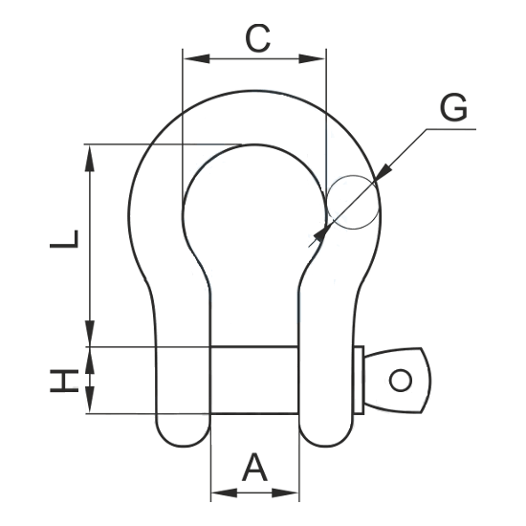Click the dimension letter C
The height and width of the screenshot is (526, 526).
point(257,38)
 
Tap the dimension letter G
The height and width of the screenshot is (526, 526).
point(453,107)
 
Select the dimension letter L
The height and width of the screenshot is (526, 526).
point(64,239)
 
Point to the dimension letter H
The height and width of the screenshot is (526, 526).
point(64,381)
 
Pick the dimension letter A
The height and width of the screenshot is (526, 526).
point(255,467)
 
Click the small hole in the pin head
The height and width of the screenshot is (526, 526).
point(400,381)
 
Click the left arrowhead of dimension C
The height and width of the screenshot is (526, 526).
point(197,58)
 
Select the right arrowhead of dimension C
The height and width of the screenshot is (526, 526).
point(312,58)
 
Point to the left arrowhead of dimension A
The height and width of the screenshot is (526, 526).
point(225,493)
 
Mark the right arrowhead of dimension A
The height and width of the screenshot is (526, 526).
point(285,493)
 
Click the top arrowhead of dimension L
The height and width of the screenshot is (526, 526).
point(90,159)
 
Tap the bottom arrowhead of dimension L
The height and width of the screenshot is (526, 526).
point(90,333)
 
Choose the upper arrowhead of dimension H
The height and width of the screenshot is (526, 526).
point(90,361)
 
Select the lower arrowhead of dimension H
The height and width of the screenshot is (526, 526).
point(90,399)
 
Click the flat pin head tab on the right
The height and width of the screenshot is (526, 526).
point(398,380)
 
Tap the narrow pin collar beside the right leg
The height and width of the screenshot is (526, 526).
point(359,381)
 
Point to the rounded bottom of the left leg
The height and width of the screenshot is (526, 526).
point(183,432)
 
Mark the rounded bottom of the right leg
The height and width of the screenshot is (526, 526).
point(326,432)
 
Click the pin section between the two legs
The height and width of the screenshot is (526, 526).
point(254,380)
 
